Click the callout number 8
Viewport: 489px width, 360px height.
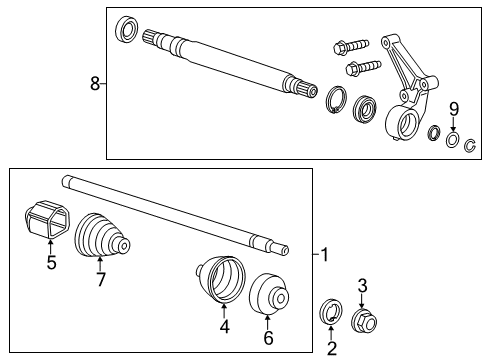95,85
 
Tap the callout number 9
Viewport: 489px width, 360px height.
453,108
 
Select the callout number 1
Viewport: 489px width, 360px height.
323,255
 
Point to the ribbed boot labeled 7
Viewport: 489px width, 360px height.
102,240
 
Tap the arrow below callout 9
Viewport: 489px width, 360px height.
453,125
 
